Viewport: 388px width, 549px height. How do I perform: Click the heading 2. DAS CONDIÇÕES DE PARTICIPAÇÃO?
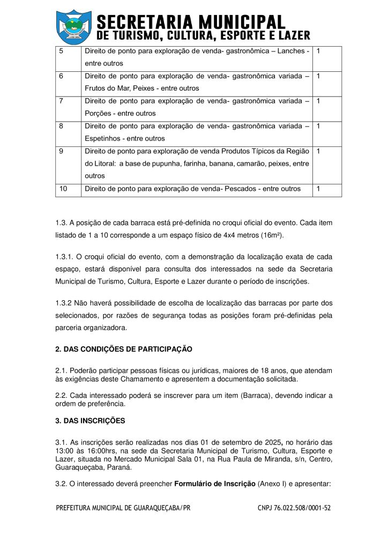123,349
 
